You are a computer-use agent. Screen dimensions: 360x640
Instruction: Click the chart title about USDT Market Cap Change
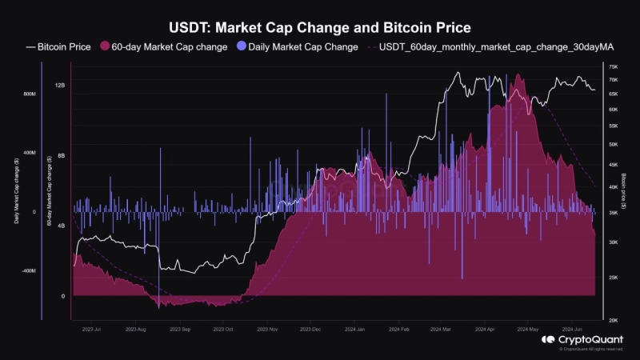320,27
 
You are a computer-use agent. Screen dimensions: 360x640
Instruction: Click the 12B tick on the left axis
60,85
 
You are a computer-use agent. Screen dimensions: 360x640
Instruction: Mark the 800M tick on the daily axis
30,94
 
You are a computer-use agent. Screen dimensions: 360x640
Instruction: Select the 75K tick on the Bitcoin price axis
613,67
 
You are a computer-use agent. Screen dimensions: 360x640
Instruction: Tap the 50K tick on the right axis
613,145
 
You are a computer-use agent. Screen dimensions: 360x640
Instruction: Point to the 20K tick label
613,320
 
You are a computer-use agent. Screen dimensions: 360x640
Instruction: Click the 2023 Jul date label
90,329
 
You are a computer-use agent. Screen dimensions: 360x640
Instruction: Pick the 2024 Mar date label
442,329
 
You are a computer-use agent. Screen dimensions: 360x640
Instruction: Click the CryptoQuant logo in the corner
571,340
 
